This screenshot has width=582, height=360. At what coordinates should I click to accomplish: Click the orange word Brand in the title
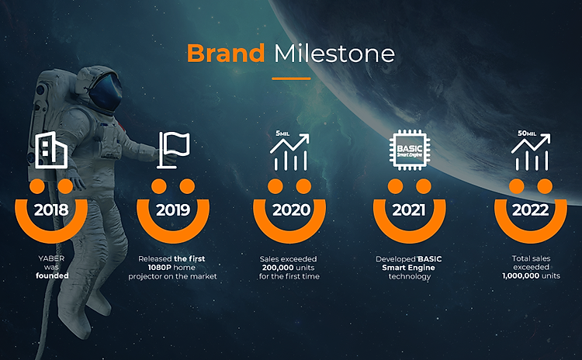[x=226, y=53]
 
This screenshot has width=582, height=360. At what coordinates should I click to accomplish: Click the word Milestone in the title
[x=334, y=54]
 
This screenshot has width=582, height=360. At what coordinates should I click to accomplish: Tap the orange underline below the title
[x=291, y=78]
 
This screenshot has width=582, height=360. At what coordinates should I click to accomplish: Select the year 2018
[x=51, y=210]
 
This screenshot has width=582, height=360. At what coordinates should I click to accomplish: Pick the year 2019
[x=173, y=210]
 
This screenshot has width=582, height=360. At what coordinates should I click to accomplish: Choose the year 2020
[x=291, y=210]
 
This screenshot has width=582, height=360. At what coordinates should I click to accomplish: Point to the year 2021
[x=409, y=210]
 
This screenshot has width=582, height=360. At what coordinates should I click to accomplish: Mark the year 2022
[x=531, y=210]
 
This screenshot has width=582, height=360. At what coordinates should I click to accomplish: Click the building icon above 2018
[x=51, y=150]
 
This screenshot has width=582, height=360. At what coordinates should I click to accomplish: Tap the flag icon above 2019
[x=173, y=150]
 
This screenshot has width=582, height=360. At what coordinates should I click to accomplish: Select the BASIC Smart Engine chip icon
[x=410, y=150]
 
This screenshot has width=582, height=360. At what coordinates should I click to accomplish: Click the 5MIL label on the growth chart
[x=282, y=133]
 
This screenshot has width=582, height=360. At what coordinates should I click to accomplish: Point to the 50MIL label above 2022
[x=527, y=133]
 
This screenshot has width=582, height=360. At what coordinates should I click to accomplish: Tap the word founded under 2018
[x=52, y=275]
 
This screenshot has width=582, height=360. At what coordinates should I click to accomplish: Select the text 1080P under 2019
[x=161, y=268]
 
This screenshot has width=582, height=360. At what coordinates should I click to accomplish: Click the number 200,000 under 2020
[x=278, y=268]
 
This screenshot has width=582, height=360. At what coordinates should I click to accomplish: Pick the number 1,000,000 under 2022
[x=520, y=275]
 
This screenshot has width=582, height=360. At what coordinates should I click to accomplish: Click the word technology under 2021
[x=410, y=276]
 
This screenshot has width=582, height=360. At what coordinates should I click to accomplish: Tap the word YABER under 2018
[x=51, y=258]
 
